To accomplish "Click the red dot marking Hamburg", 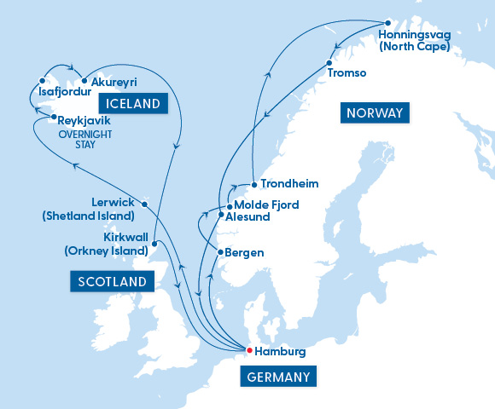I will point(249,349).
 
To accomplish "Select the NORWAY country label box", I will point(374,112).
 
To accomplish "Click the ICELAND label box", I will point(133,104).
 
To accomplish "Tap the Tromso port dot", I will point(329,63).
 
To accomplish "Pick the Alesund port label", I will point(248,217).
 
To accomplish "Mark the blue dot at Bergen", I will point(220,252).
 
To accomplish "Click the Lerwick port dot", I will point(145,204).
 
